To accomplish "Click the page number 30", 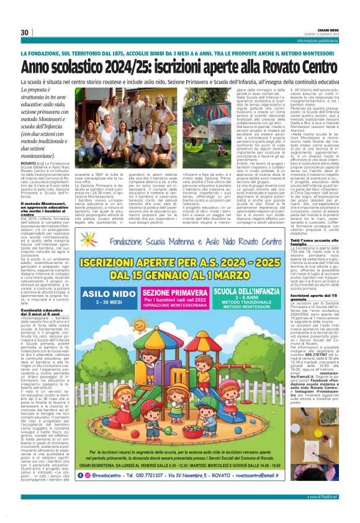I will coord(25,32).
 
